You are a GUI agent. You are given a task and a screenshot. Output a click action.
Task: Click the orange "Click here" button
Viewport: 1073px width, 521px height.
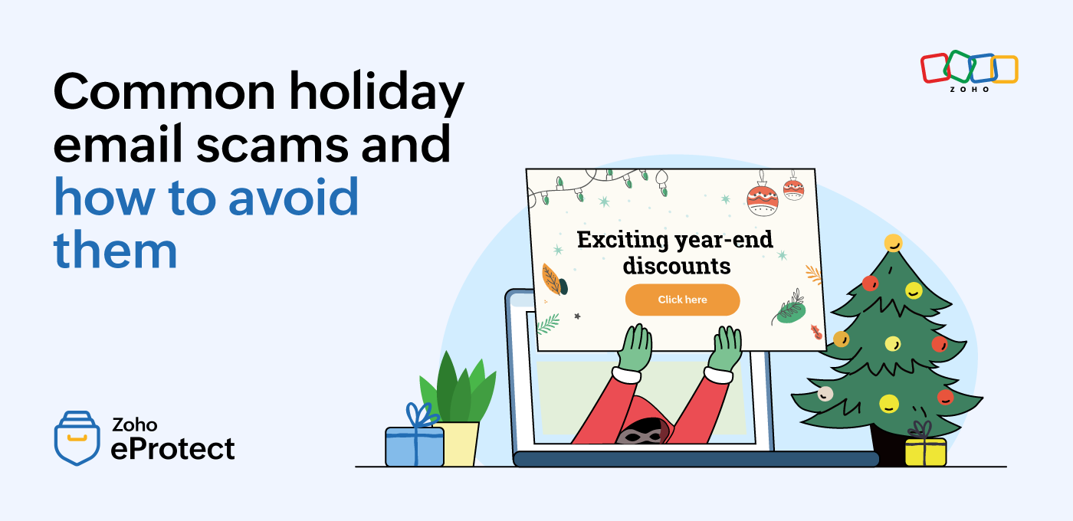(682, 300)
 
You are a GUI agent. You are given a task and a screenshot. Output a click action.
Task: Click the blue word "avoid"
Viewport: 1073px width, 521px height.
(293, 196)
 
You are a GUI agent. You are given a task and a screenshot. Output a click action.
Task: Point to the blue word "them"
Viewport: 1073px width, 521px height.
(116, 249)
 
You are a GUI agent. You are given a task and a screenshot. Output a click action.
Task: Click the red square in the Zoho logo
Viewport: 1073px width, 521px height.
(935, 68)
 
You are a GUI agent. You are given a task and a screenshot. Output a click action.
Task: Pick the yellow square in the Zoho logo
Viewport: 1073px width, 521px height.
(1005, 70)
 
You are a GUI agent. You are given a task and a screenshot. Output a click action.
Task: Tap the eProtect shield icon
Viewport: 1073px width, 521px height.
(77, 437)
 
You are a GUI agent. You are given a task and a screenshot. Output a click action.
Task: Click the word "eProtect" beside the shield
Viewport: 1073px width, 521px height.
(173, 449)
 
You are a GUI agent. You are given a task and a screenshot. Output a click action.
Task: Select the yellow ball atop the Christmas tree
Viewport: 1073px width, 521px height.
(894, 243)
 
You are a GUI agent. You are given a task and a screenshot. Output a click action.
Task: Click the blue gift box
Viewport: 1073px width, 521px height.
(415, 446)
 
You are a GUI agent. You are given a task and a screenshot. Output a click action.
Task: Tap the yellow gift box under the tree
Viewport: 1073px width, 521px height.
(926, 452)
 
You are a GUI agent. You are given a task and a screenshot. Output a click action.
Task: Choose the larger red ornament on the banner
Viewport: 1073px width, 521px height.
(762, 200)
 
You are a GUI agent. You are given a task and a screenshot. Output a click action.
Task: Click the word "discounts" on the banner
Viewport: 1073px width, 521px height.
(677, 266)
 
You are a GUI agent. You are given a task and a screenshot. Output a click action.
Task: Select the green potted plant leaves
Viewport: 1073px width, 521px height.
(458, 388)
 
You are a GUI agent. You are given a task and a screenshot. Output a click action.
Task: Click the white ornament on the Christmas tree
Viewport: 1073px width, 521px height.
(825, 394)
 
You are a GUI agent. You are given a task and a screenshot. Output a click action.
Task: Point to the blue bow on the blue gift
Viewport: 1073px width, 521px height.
(421, 415)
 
